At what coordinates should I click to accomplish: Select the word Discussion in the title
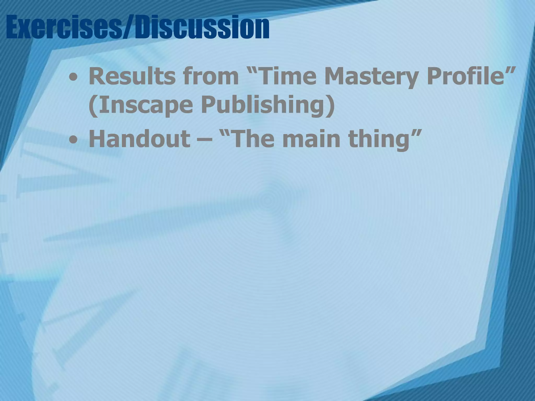(201, 27)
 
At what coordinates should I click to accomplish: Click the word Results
(131, 76)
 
